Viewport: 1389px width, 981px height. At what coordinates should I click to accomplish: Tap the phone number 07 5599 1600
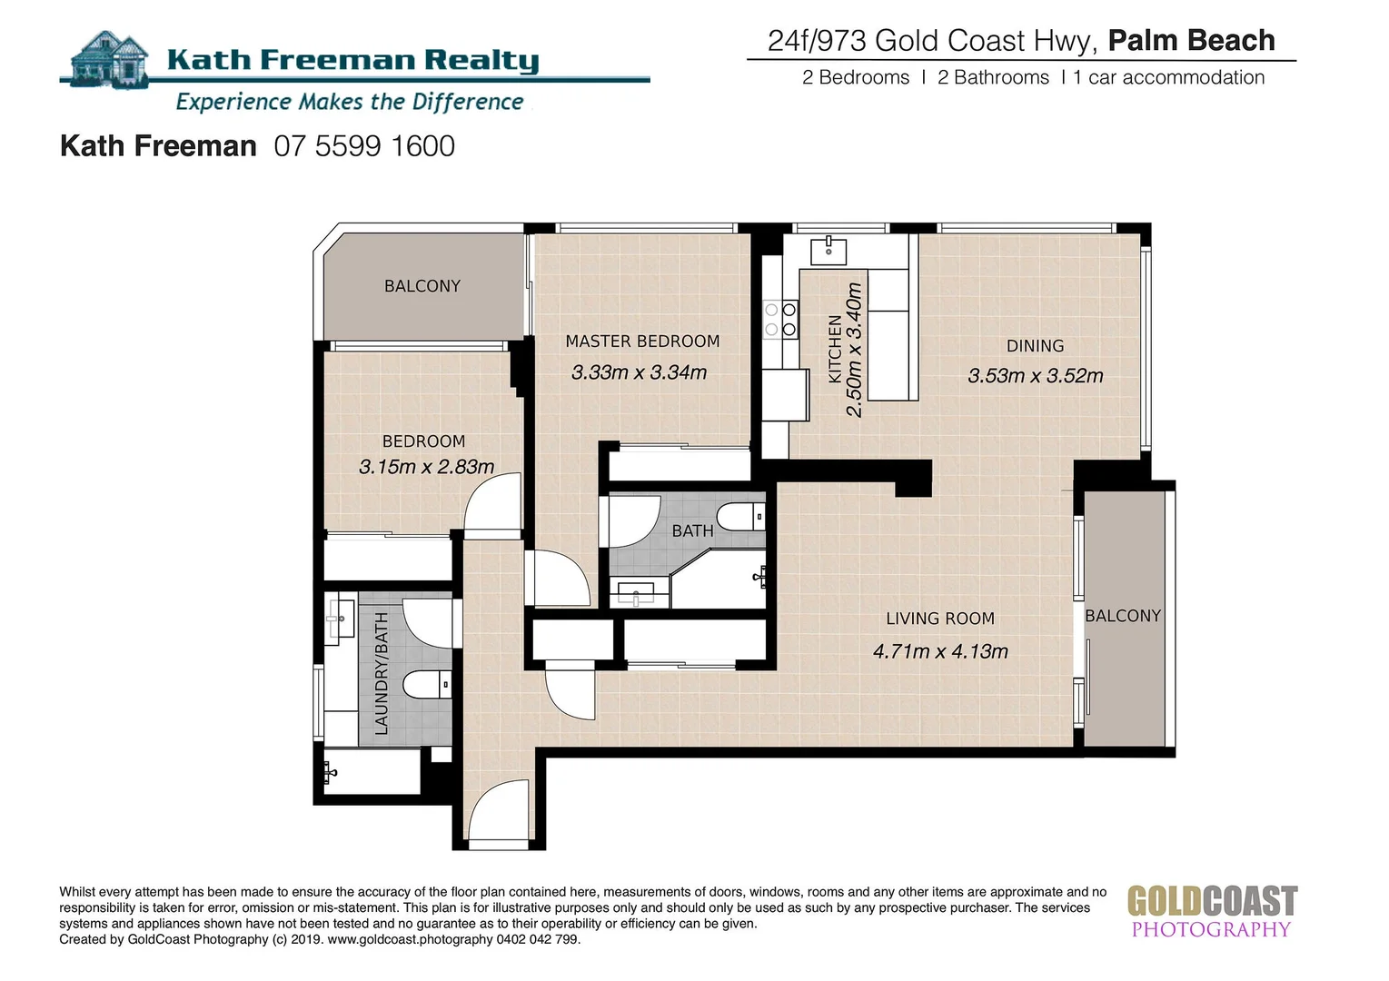364,146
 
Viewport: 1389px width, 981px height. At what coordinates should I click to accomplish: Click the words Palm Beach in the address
1191,41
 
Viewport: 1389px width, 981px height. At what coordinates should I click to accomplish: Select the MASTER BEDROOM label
642,342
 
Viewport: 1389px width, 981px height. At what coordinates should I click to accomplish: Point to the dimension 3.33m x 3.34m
639,372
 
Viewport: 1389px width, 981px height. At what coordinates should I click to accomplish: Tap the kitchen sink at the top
828,249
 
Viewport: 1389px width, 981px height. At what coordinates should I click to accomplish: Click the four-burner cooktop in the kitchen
780,319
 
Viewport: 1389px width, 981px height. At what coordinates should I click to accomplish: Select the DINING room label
1035,346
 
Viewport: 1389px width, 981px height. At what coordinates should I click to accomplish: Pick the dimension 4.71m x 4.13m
940,651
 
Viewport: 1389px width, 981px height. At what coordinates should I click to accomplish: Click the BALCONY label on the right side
1123,616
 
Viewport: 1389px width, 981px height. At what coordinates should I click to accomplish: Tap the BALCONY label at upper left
422,286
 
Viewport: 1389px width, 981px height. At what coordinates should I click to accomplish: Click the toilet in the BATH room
741,519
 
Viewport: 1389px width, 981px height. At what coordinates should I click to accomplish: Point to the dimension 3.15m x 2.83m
426,467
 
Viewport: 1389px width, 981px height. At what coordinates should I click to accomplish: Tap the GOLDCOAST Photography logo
1212,911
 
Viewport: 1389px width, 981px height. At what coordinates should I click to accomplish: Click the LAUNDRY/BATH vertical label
382,673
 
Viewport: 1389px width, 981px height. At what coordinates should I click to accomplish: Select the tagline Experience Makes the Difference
350,102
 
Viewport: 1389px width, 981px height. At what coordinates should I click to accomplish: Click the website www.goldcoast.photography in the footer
411,939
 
